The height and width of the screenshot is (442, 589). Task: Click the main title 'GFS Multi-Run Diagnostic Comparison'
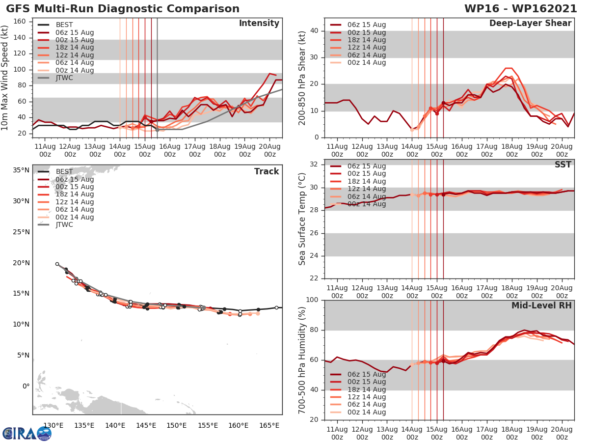[x=123, y=9]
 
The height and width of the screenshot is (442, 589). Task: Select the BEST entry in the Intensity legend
[x=64, y=25]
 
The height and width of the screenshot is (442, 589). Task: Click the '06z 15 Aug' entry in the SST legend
[x=366, y=166]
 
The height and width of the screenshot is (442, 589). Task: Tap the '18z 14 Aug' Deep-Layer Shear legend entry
[x=366, y=40]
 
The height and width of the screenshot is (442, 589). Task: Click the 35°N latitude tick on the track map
[x=21, y=170]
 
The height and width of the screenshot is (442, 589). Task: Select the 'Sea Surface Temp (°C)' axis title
[x=302, y=219]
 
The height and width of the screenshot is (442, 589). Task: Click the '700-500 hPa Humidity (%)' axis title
[x=302, y=359]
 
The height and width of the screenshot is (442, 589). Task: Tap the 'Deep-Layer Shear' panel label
[x=530, y=24]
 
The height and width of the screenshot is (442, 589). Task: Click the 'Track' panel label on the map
[x=266, y=171]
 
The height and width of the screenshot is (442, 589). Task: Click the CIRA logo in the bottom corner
[x=27, y=433]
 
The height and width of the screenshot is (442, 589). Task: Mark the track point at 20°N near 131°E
[x=57, y=264]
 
